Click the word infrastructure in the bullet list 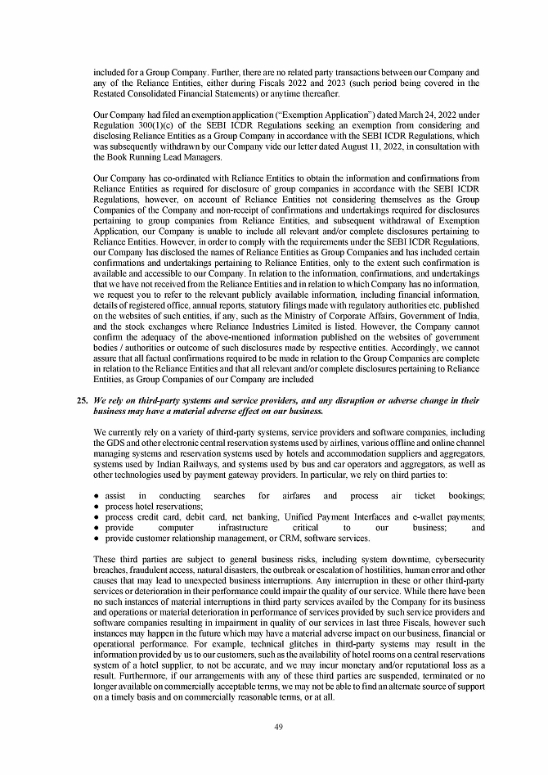[x=249, y=528]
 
